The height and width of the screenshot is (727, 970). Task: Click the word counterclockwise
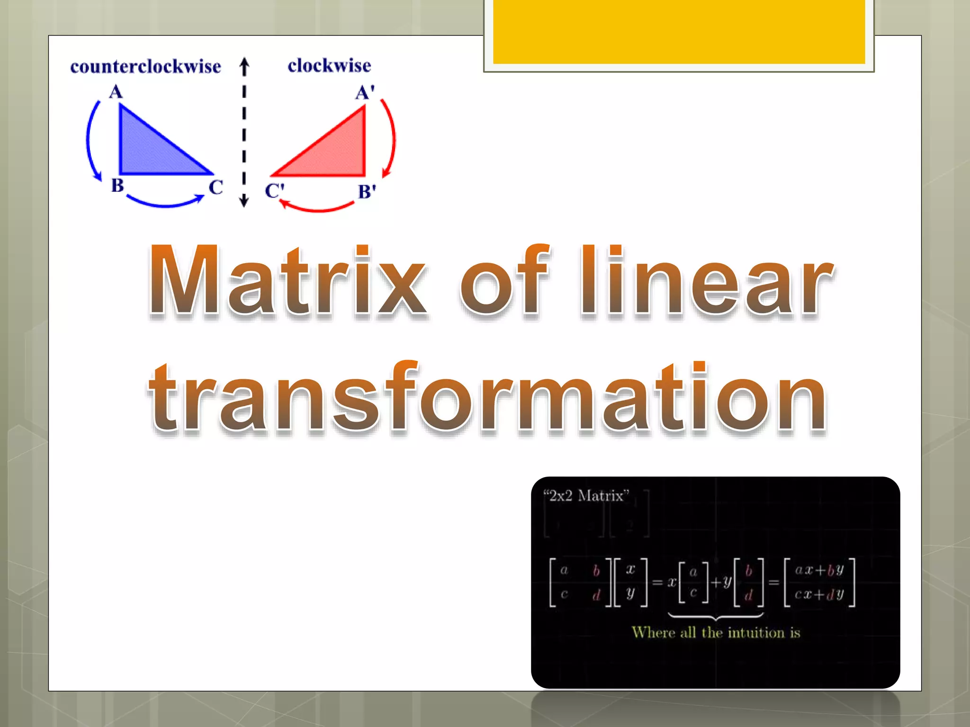tap(145, 67)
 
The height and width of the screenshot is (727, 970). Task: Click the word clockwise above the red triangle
tap(329, 66)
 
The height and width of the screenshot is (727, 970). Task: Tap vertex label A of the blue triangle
tap(116, 91)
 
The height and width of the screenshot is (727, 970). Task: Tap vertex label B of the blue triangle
tap(117, 185)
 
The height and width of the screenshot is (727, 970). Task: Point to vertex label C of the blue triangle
tap(216, 187)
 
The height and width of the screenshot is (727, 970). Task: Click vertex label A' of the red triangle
tap(365, 92)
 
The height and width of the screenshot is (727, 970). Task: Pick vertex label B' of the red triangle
tap(367, 192)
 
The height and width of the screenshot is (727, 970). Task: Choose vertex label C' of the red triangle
tap(274, 191)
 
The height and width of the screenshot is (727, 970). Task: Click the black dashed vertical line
tap(244, 133)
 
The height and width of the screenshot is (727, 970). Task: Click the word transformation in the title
tap(488, 398)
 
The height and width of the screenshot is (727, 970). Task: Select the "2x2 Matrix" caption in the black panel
tap(586, 496)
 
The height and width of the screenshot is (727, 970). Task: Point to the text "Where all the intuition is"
tap(716, 632)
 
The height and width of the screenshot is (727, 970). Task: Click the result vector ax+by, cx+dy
tap(819, 582)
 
